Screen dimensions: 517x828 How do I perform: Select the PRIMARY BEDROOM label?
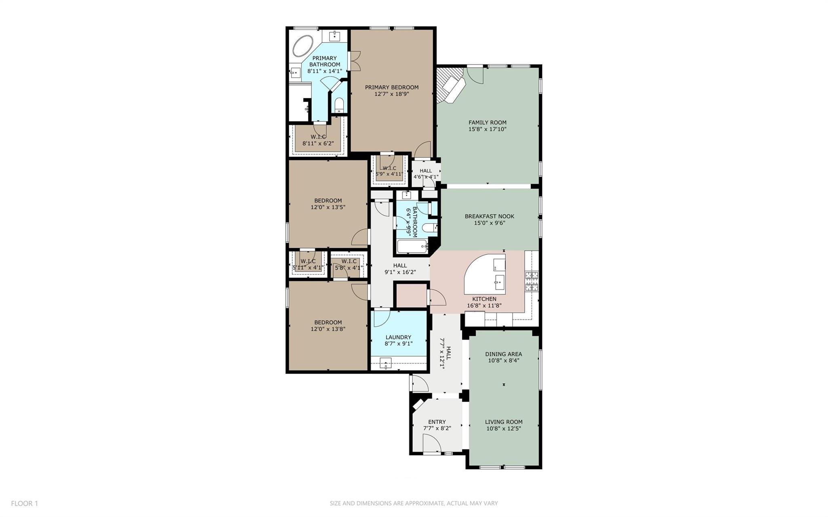[391, 87]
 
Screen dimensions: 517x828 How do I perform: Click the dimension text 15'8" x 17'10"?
[487, 129]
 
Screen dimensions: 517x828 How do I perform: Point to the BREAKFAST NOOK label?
[489, 216]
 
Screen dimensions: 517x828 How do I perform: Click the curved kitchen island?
[483, 275]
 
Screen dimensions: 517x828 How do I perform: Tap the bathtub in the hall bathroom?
[412, 246]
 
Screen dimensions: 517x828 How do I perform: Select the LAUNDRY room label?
[398, 337]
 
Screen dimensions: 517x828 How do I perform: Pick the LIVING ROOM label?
[503, 422]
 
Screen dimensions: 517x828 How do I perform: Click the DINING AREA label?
[503, 354]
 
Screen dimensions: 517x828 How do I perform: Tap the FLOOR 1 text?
[24, 503]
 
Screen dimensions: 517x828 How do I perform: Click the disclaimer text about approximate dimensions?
[414, 503]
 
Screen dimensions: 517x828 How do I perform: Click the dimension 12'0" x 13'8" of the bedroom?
[327, 329]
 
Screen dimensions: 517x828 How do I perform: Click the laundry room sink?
[386, 363]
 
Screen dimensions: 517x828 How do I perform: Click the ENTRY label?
[437, 422]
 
